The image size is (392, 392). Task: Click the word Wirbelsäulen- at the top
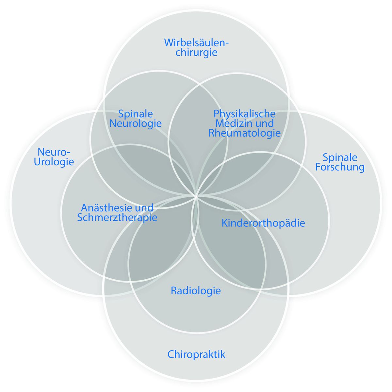point(196,42)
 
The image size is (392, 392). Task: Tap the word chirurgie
point(196,52)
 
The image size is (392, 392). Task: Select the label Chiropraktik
point(196,354)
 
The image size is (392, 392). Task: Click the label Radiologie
point(196,290)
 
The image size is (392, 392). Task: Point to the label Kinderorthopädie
point(263,223)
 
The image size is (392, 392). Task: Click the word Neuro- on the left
point(54,152)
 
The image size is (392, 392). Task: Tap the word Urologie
point(54,162)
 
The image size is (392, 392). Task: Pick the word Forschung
point(340,167)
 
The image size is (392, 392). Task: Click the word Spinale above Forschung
point(340,157)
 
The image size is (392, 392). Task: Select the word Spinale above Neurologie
point(136,114)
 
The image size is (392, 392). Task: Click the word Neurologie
point(136,123)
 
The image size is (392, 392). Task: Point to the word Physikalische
point(244,114)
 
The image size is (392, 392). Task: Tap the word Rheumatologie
point(244,133)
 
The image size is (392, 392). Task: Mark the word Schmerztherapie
point(117,217)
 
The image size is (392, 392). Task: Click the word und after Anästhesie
point(145,208)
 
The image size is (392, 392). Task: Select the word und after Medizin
point(265,123)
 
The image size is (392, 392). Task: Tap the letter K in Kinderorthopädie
point(224,223)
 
